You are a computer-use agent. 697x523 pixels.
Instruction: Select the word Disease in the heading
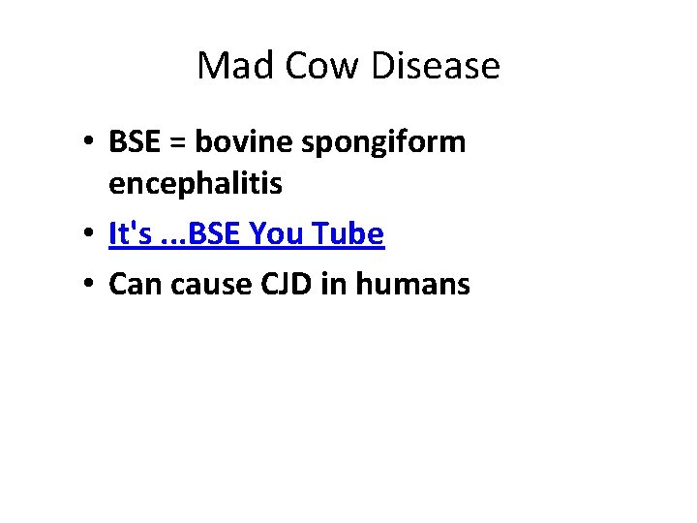[x=439, y=66]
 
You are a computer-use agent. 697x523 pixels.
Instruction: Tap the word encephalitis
[x=196, y=183]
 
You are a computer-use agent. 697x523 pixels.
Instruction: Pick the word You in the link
[x=280, y=233]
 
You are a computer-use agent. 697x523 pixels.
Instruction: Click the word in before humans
[x=338, y=284]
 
